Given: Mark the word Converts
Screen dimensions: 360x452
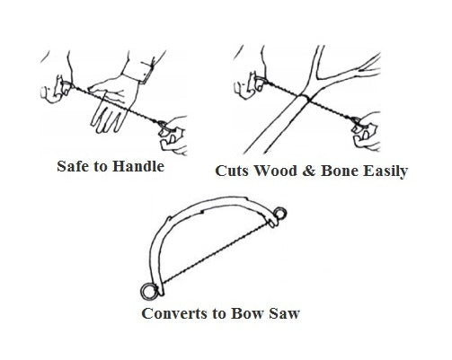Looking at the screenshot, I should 177,315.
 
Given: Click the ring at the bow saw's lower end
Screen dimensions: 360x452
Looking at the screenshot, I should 147,291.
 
